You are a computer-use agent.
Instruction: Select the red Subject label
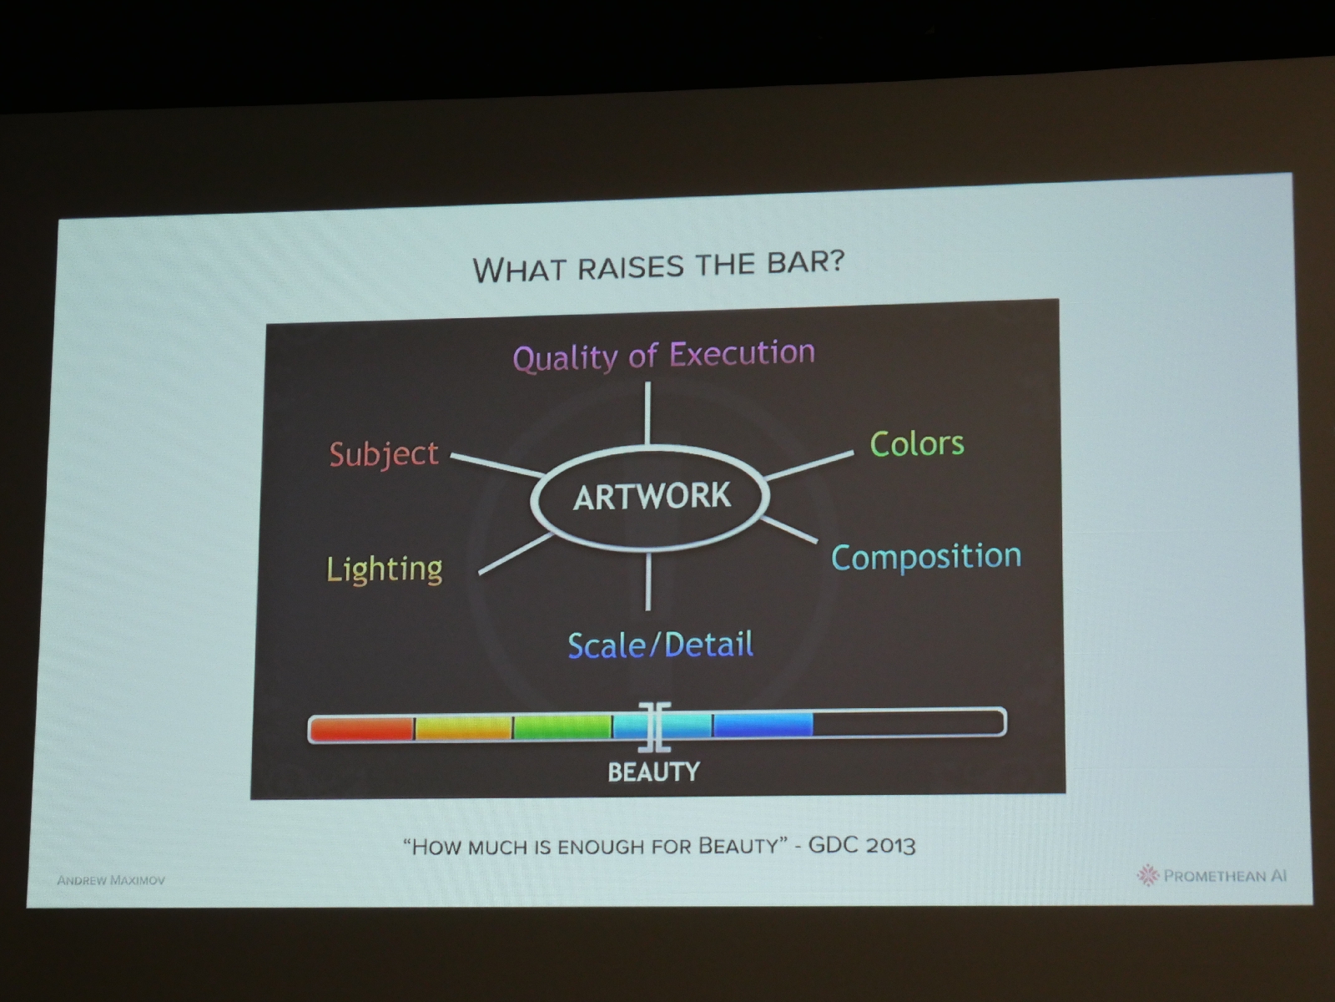tap(384, 454)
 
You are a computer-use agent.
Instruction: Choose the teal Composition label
tap(926, 557)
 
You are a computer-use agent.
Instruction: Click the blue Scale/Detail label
tap(661, 645)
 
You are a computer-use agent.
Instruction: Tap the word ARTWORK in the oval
tap(652, 496)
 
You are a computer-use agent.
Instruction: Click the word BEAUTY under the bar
tap(654, 772)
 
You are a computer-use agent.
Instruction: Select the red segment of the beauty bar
tap(362, 728)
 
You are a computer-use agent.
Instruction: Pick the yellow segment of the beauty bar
tap(463, 728)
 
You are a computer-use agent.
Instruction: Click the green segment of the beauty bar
tap(562, 727)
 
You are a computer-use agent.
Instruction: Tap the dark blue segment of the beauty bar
tap(763, 725)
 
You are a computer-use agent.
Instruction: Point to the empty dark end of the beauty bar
tap(908, 723)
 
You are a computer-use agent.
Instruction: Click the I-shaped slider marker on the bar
tap(654, 726)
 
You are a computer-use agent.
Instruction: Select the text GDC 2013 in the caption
tap(861, 846)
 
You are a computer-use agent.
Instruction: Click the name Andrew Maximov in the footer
tap(111, 880)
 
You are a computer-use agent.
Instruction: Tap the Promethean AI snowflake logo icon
tap(1147, 875)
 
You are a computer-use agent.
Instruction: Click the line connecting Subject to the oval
tap(497, 464)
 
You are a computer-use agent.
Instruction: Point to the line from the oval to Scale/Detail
tap(648, 581)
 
